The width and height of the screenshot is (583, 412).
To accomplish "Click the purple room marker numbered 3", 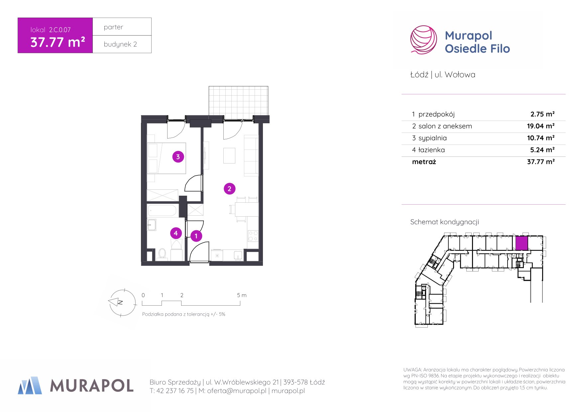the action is pyautogui.click(x=178, y=157).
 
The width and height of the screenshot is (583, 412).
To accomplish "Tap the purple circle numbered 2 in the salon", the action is pyautogui.click(x=229, y=189).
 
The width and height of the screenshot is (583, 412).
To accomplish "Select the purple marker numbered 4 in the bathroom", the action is pyautogui.click(x=176, y=233).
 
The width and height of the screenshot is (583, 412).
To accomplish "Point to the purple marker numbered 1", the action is pyautogui.click(x=196, y=236).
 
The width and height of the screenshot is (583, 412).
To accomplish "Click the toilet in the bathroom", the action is pyautogui.click(x=162, y=254).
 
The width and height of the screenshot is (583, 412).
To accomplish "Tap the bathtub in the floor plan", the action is pyautogui.click(x=162, y=211).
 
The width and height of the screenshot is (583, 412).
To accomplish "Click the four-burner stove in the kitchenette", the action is pyautogui.click(x=253, y=236).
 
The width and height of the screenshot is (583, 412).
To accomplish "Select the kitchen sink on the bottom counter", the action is pyautogui.click(x=238, y=255).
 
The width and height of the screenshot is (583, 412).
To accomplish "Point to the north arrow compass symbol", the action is pyautogui.click(x=122, y=303).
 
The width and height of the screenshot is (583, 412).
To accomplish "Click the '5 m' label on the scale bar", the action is pyautogui.click(x=242, y=295).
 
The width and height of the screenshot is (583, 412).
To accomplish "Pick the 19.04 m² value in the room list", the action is pyautogui.click(x=541, y=126).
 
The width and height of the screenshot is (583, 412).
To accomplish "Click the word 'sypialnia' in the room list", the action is pyautogui.click(x=432, y=138).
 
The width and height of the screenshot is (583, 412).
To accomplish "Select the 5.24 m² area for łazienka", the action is pyautogui.click(x=542, y=150).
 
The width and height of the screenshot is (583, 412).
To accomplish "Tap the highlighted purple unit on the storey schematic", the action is pyautogui.click(x=522, y=243).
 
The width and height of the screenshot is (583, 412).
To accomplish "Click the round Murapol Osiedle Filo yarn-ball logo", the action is pyautogui.click(x=423, y=40).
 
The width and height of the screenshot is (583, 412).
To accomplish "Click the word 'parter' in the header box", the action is pyautogui.click(x=113, y=27).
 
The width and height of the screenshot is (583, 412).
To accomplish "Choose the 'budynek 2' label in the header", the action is pyautogui.click(x=120, y=44).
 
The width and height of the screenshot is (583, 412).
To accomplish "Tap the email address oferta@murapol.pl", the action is pyautogui.click(x=237, y=391).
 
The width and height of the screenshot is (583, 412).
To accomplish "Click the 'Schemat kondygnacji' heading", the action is pyautogui.click(x=444, y=222).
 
